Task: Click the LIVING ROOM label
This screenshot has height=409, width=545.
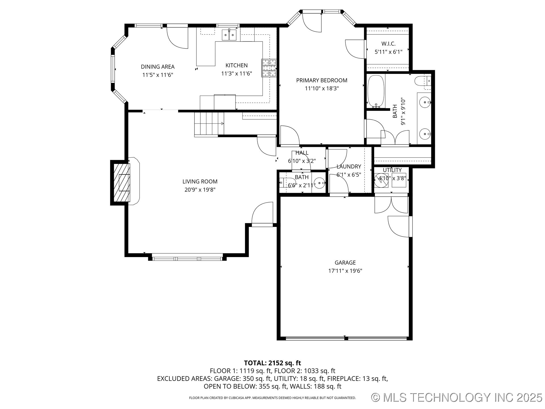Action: [x=200, y=181]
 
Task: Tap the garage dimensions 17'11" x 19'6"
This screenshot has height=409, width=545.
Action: [x=345, y=271]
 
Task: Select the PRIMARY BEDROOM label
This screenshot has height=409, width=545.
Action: [x=322, y=80]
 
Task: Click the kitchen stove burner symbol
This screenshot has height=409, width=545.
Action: [x=269, y=68]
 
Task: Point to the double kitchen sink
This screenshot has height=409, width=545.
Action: [x=229, y=35]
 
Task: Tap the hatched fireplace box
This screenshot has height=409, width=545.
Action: [x=122, y=183]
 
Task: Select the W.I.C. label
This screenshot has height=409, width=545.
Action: [x=388, y=44]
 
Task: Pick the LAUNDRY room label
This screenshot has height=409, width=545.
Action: [x=349, y=166]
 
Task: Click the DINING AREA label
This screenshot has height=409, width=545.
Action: [x=158, y=67]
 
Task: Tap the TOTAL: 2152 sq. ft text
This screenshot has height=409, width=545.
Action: [x=272, y=363]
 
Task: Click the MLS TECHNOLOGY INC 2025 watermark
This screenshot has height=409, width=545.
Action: [x=457, y=397]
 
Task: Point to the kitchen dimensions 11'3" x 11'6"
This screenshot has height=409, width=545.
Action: [x=236, y=74]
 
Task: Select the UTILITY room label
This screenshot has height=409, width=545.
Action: [x=392, y=170]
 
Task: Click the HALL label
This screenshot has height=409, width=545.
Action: [x=302, y=153]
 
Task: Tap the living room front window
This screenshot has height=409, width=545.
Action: [x=187, y=258]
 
